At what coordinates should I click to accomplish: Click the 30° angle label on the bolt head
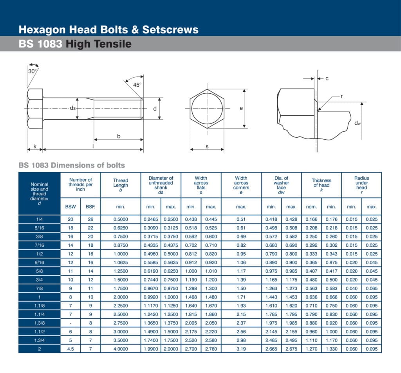33,71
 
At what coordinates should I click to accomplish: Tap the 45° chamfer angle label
137,85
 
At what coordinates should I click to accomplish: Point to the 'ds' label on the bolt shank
73,108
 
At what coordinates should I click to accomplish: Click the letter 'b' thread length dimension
119,136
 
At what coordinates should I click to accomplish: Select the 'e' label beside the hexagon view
241,108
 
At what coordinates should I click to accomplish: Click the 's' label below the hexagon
207,147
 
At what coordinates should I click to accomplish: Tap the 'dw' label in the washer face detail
357,123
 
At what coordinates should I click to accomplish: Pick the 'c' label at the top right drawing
327,79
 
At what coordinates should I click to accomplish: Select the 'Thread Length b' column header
121,185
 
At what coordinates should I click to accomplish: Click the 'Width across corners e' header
241,185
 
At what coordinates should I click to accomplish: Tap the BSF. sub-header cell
90,206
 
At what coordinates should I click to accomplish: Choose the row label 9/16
40,262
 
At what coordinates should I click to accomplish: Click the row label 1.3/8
40,323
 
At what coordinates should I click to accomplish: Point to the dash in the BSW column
70,323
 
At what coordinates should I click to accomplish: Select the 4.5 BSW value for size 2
70,349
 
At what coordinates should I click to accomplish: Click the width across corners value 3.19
241,349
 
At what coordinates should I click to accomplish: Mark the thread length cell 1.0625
121,262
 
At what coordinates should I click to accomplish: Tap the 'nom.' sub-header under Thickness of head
311,207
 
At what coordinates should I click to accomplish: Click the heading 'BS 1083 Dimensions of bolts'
72,165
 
